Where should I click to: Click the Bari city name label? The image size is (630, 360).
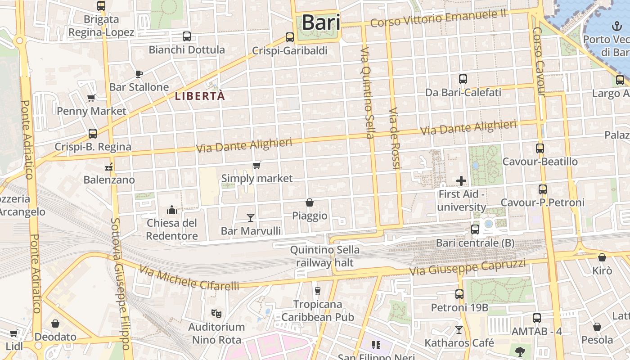coord(320,22)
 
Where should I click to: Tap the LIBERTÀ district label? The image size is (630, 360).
coord(200,96)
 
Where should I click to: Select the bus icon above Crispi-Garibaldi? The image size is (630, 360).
coord(290,37)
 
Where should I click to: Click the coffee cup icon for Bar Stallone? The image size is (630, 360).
coord(139,73)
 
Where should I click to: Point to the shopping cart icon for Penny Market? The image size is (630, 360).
coord(91,98)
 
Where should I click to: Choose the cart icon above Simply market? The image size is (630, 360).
coord(256,165)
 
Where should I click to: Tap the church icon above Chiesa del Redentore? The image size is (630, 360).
coord(172,210)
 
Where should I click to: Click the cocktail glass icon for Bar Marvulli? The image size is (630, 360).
coord(251,218)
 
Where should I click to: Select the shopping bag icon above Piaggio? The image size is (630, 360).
coord(310,202)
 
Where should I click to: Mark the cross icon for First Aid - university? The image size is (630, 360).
coord(461,181)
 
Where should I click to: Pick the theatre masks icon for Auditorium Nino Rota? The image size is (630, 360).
coord(216,313)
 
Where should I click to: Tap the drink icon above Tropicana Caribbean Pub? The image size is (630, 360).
coord(318,291)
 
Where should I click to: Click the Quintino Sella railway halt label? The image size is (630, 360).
coord(324,256)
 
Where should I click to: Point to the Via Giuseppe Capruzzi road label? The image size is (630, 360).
coord(467,267)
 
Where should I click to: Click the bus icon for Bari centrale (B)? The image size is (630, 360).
coord(475,229)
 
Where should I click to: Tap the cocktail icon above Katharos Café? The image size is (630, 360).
coord(459,330)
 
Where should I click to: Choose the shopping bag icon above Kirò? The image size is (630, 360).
coord(602,257)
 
